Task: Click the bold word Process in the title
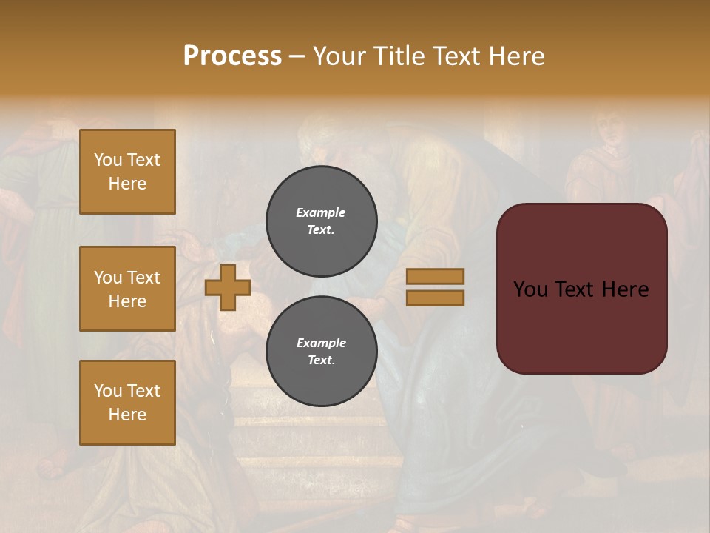pyautogui.click(x=232, y=56)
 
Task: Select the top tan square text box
pyautogui.click(x=127, y=172)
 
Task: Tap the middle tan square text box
pyautogui.click(x=127, y=289)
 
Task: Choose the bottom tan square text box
pyautogui.click(x=127, y=403)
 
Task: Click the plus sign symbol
pyautogui.click(x=228, y=287)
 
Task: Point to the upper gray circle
pyautogui.click(x=322, y=221)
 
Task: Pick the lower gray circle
pyautogui.click(x=322, y=352)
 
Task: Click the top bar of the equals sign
pyautogui.click(x=436, y=277)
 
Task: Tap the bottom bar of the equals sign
pyautogui.click(x=436, y=298)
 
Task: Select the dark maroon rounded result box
pyautogui.click(x=582, y=289)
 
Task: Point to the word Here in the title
pyautogui.click(x=517, y=56)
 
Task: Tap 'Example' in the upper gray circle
pyautogui.click(x=321, y=213)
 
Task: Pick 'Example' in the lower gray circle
pyautogui.click(x=321, y=343)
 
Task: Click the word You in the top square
pyautogui.click(x=108, y=160)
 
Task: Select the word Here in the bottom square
pyautogui.click(x=127, y=415)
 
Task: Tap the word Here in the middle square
pyautogui.click(x=127, y=301)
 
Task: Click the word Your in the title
pyautogui.click(x=340, y=56)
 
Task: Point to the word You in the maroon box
pyautogui.click(x=530, y=289)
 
